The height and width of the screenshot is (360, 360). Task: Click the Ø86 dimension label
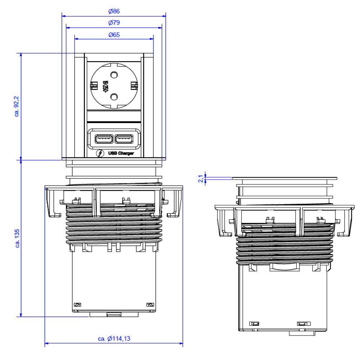114,11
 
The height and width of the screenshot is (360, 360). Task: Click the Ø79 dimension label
114,23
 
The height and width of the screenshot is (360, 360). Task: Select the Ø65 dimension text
114,35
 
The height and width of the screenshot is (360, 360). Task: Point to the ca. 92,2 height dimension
17,106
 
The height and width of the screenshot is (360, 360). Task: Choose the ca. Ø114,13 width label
114,338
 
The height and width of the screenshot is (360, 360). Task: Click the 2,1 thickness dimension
201,178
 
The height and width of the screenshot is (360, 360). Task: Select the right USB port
123,138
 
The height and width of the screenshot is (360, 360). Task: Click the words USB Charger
121,154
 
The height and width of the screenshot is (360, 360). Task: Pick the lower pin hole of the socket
114,96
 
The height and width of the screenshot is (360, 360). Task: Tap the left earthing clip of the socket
94,86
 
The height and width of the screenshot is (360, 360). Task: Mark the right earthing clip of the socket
134,86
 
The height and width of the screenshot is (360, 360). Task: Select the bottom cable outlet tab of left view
114,315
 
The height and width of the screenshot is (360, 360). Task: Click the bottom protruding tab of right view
302,333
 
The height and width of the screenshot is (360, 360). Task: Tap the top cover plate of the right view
284,178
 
